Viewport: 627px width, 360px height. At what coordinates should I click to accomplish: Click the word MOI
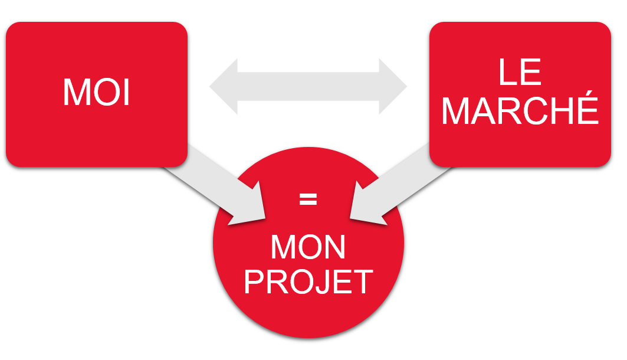96,92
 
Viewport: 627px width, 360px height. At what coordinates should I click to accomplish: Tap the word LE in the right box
520,72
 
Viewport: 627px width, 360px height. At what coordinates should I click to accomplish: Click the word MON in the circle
308,247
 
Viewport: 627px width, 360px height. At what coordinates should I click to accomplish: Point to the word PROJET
308,282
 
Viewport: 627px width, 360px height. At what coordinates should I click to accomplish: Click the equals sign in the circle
308,199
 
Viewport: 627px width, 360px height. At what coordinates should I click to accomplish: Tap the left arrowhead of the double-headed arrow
224,86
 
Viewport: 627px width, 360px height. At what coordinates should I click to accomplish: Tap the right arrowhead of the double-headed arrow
393,86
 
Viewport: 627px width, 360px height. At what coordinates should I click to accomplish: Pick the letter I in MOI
127,92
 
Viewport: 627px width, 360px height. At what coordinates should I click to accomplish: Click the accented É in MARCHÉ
588,107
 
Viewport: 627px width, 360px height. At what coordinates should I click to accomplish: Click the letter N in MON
334,247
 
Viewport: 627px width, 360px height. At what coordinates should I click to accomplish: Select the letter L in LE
508,72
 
